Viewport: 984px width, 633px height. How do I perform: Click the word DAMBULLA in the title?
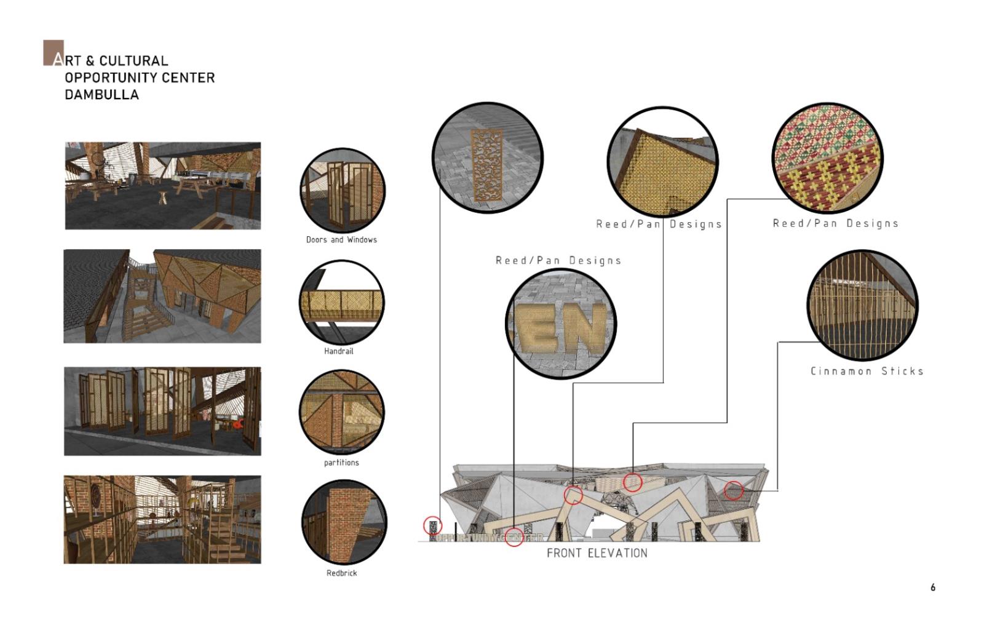(x=102, y=95)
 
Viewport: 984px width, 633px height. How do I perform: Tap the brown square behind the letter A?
(x=53, y=53)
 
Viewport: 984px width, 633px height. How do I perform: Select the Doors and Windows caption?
(x=341, y=240)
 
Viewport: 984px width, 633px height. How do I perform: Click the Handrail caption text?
(x=339, y=351)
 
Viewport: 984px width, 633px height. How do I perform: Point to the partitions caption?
(x=341, y=463)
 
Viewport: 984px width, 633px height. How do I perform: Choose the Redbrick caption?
(x=341, y=573)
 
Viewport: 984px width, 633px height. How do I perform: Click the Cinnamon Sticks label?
(x=867, y=371)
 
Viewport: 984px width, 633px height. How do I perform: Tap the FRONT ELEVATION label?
(x=597, y=553)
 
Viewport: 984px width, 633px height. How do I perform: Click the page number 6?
(x=933, y=587)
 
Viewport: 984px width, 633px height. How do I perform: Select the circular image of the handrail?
(x=342, y=302)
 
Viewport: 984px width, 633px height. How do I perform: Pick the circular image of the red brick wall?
(x=344, y=522)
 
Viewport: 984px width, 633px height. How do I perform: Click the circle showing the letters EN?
(x=561, y=324)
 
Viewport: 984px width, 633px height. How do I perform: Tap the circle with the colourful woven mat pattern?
(x=828, y=158)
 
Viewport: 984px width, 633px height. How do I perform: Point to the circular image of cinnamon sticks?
(x=863, y=305)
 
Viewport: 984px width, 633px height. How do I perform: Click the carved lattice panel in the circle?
(x=486, y=165)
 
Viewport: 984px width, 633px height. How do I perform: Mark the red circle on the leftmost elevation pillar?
(x=433, y=525)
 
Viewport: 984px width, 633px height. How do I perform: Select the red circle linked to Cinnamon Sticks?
(x=734, y=490)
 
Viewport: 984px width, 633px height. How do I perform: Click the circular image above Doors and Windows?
(x=343, y=190)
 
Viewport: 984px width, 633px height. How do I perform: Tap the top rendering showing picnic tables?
(x=163, y=185)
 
